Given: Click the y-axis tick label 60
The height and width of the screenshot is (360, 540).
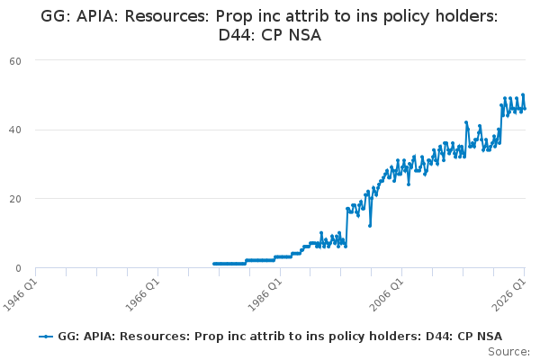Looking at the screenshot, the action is point(15,61).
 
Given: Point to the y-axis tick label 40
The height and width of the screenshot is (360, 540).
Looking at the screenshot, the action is point(15,130).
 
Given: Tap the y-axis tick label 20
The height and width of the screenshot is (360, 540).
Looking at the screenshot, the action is point(15,199).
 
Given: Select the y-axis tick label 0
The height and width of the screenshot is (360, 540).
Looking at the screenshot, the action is point(18,268).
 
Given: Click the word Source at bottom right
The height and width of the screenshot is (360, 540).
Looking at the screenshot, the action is point(508,352).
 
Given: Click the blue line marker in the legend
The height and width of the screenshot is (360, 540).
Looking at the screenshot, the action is point(46,337).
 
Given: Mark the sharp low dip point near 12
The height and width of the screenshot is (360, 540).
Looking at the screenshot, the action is point(370,226).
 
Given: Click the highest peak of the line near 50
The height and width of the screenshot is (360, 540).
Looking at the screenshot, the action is point(523,94).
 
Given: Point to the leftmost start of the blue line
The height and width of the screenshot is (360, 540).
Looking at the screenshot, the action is point(214,264).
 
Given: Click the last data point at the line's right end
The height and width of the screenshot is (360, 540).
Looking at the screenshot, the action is point(525,109).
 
